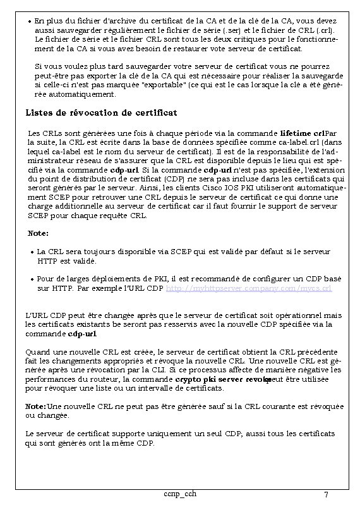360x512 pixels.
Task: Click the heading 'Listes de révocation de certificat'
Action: point(101,113)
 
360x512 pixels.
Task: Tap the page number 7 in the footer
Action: point(325,494)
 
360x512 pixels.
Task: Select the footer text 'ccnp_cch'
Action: point(179,494)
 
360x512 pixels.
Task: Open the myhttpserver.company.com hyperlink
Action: point(248,288)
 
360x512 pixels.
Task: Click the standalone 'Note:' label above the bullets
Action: point(38,233)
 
